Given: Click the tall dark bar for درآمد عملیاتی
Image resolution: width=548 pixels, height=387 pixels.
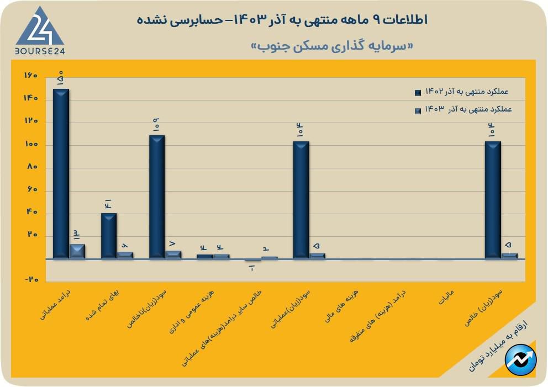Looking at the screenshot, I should [61, 174].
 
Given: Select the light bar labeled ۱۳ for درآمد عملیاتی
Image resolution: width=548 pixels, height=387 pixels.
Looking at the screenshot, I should [77, 251].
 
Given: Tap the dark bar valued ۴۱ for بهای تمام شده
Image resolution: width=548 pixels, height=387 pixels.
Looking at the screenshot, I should [109, 236].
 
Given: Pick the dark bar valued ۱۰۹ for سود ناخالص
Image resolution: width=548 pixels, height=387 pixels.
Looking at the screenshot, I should [157, 197].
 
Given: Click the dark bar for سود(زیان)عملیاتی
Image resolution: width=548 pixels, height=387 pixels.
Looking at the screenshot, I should [301, 200].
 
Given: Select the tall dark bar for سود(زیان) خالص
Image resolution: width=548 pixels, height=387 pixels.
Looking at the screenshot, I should [493, 200].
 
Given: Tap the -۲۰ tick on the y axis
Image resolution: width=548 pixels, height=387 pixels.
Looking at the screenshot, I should [31, 280].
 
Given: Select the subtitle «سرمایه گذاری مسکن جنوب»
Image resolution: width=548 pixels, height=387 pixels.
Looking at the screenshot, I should [332, 45].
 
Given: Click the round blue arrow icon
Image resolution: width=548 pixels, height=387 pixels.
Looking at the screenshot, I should [521, 359].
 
